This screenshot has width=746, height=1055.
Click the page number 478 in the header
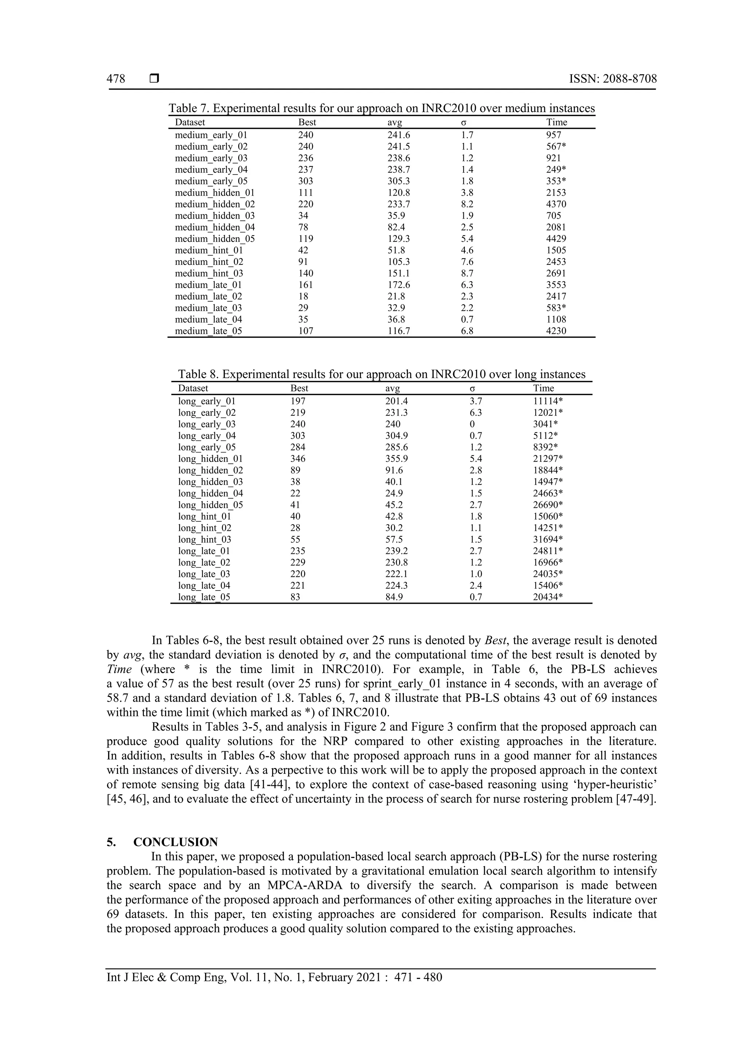pos(116,79)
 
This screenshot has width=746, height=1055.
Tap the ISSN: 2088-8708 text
pos(613,79)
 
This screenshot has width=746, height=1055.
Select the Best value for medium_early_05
pos(306,181)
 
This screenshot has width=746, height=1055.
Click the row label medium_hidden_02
pos(215,204)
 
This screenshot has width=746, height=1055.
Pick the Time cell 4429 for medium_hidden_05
pos(556,239)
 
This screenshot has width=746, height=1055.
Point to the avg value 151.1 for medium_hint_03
pos(399,273)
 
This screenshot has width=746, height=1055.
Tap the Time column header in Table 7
pos(556,122)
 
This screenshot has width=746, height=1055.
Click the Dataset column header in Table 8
pos(193,388)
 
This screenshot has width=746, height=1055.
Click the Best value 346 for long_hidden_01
pos(298,459)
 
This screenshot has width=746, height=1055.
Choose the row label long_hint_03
pos(204,540)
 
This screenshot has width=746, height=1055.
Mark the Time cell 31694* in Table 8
pos(548,540)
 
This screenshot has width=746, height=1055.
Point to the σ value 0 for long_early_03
pos(472,424)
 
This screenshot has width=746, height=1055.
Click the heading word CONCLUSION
pos(176,842)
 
